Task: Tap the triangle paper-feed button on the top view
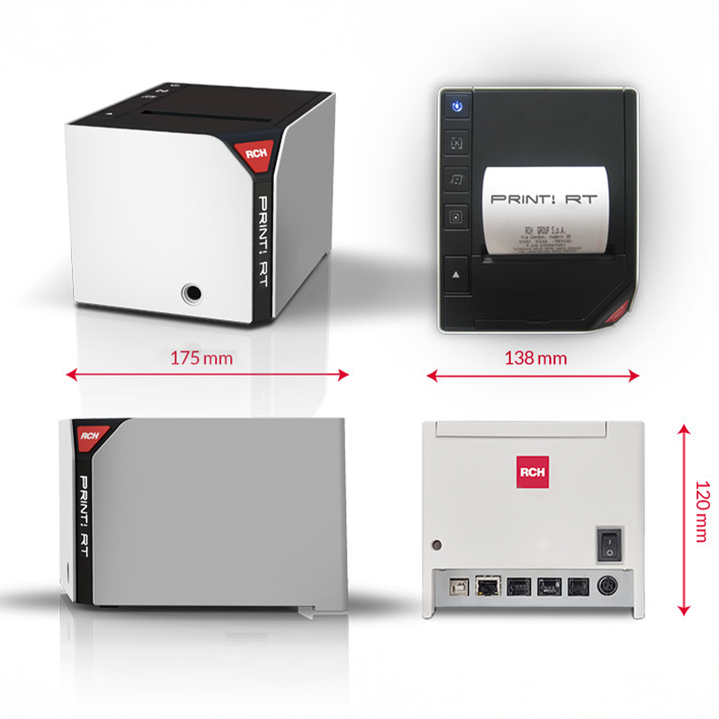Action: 457,272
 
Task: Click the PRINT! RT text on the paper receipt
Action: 544,198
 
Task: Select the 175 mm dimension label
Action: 202,358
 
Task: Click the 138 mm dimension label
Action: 536,358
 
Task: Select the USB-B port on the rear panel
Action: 455,587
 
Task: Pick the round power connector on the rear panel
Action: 608,586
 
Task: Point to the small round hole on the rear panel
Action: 437,545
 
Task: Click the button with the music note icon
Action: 457,179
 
